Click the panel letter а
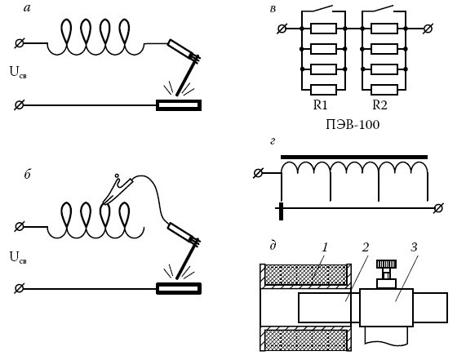27,8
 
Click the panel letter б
28,174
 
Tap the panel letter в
273,9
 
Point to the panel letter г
273,142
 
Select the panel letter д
273,246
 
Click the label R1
320,105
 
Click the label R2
379,105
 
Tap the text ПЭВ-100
353,125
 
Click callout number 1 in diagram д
325,247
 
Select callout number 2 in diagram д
366,247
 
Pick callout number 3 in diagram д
414,247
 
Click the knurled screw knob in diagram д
386,264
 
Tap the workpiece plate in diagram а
179,105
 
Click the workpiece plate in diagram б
179,289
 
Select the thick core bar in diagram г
354,157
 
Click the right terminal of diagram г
438,208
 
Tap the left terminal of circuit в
282,29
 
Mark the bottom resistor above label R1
323,90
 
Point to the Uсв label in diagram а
18,72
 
